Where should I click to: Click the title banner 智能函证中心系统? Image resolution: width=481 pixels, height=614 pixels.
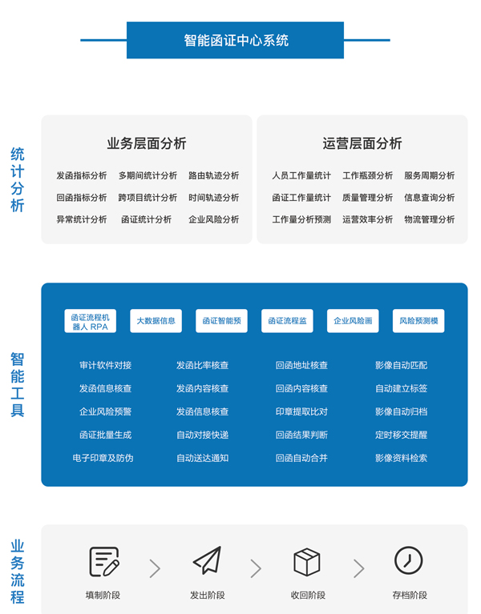pyautogui.click(x=235, y=40)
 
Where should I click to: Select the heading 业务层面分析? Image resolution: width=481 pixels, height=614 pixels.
pyautogui.click(x=147, y=143)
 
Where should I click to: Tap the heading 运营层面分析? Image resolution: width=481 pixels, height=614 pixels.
pyautogui.click(x=362, y=143)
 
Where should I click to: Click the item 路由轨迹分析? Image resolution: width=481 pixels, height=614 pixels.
pyautogui.click(x=214, y=175)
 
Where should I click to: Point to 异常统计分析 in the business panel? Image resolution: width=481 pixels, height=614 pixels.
pyautogui.click(x=82, y=219)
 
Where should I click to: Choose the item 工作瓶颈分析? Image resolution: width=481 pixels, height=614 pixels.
pyautogui.click(x=367, y=175)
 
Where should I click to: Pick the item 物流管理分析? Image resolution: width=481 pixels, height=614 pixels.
pyautogui.click(x=429, y=219)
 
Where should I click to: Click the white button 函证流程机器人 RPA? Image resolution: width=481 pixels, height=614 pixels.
pyautogui.click(x=90, y=321)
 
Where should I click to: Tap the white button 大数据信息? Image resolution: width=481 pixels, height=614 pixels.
pyautogui.click(x=156, y=321)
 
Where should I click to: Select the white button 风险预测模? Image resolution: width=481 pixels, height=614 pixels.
pyautogui.click(x=418, y=321)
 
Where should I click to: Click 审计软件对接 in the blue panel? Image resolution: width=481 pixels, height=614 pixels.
pyautogui.click(x=106, y=365)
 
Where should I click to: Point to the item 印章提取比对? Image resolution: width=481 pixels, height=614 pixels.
pyautogui.click(x=301, y=411)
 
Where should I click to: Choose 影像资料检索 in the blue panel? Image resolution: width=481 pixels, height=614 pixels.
pyautogui.click(x=401, y=458)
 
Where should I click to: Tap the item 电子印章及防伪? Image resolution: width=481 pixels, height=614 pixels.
pyautogui.click(x=103, y=458)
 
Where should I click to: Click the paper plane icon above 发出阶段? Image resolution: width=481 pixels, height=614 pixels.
pyautogui.click(x=208, y=560)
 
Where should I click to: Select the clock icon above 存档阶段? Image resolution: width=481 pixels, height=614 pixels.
pyautogui.click(x=409, y=560)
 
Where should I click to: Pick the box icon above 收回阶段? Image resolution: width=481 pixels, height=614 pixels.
pyautogui.click(x=307, y=562)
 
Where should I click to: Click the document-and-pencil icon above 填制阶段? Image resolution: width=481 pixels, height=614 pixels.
pyautogui.click(x=104, y=562)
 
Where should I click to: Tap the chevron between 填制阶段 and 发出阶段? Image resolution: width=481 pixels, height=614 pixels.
pyautogui.click(x=156, y=568)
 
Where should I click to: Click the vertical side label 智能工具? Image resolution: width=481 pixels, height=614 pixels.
pyautogui.click(x=18, y=384)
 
